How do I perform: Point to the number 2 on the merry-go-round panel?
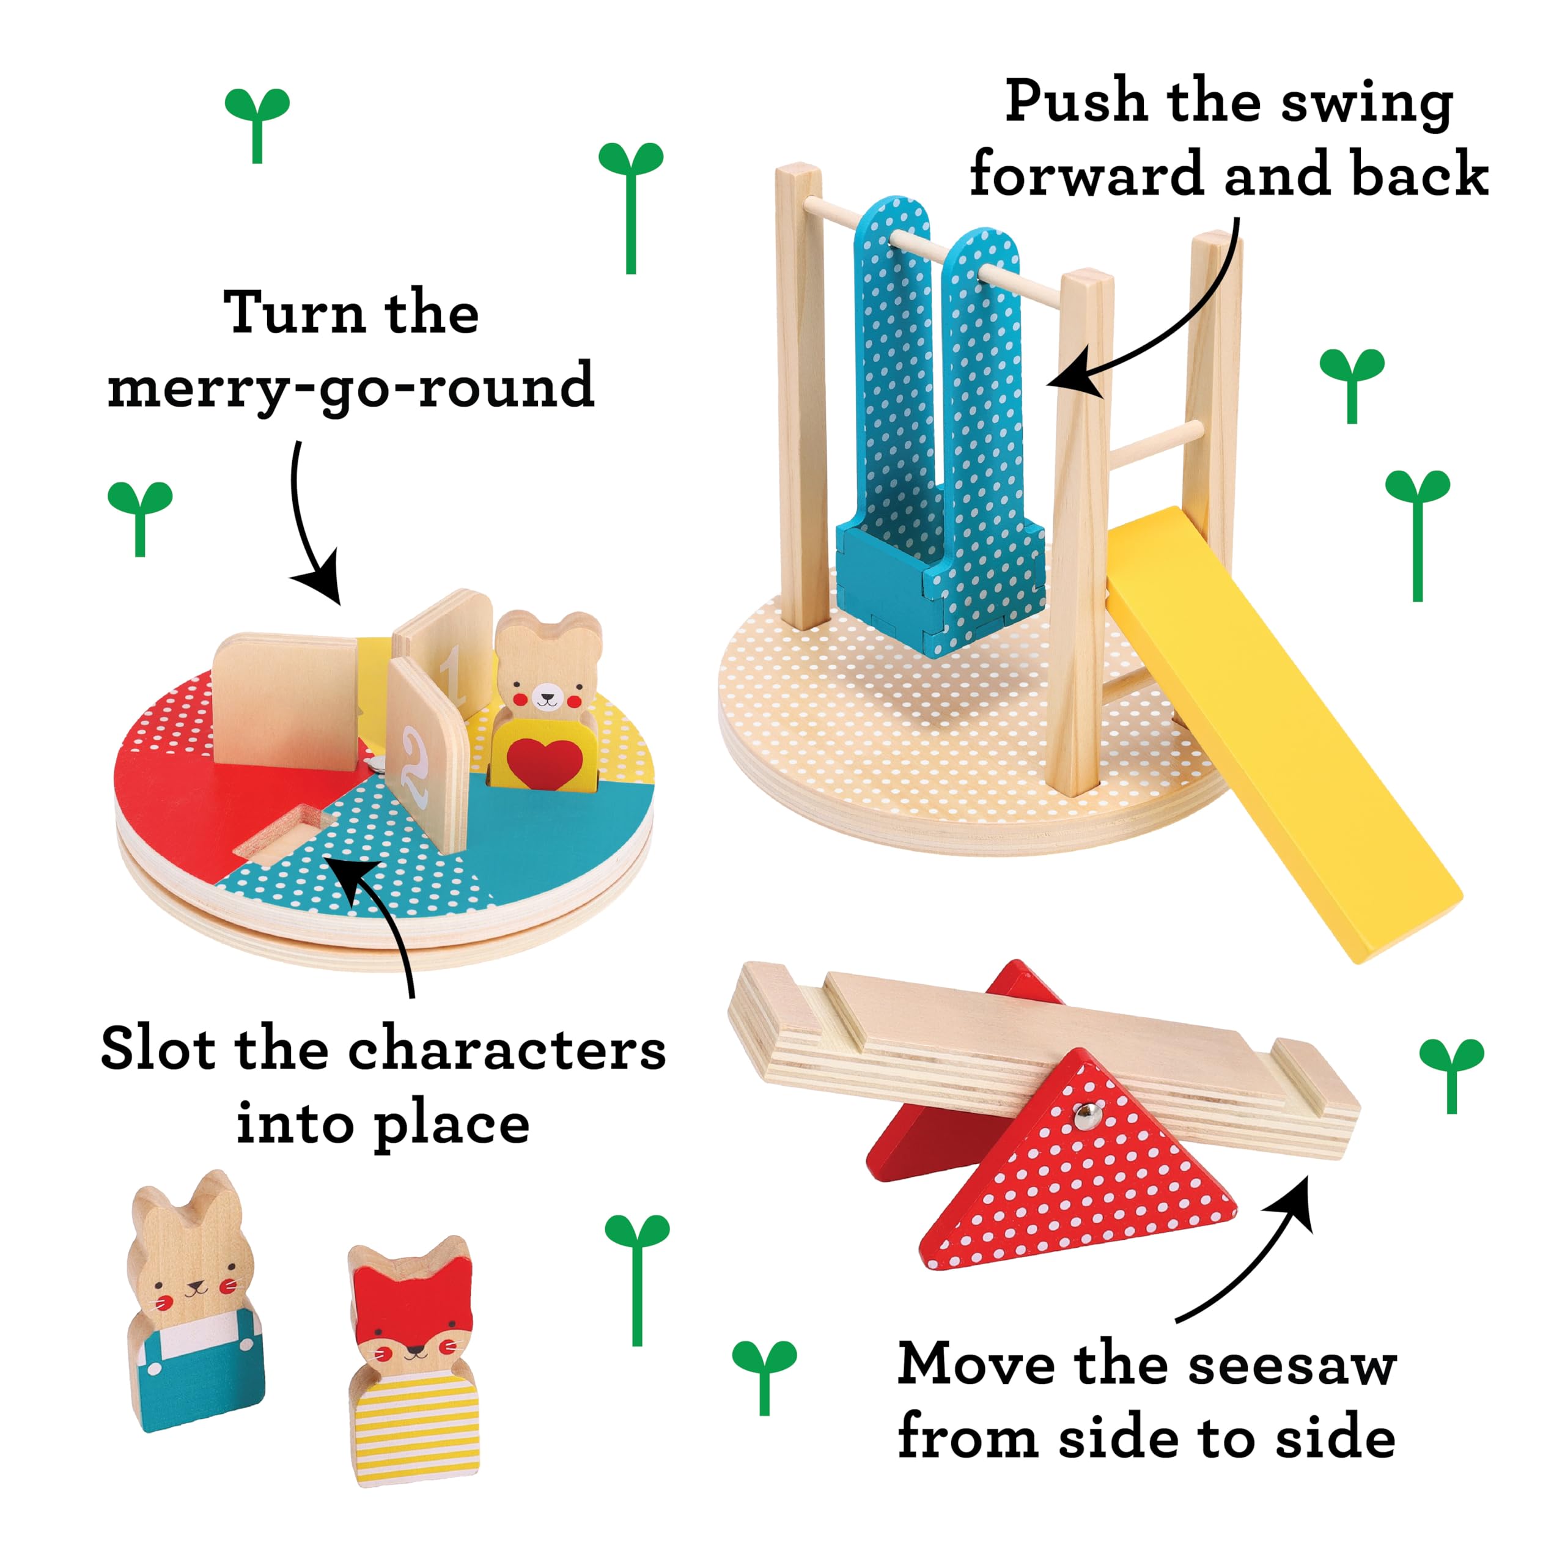pyautogui.click(x=414, y=765)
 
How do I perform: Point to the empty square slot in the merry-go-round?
pyautogui.click(x=279, y=833)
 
